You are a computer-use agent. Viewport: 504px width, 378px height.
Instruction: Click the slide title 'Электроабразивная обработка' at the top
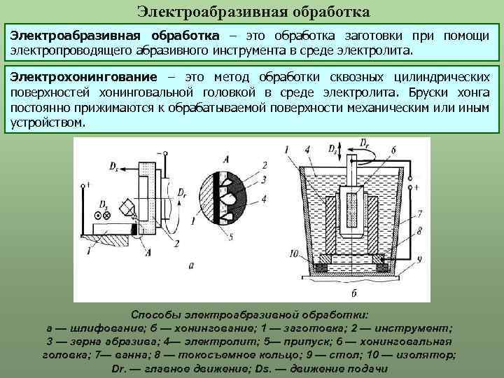[253, 11]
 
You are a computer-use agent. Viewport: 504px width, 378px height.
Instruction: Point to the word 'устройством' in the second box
[47, 122]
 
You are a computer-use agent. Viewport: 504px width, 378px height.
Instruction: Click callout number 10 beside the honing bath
[294, 253]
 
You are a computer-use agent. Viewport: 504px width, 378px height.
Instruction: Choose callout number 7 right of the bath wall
[419, 213]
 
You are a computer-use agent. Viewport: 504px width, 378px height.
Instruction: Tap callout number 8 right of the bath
[419, 229]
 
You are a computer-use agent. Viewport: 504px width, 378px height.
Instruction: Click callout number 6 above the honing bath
[393, 150]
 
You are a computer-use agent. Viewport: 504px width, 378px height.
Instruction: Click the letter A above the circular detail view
[224, 157]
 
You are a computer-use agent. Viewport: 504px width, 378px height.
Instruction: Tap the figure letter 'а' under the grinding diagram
[191, 265]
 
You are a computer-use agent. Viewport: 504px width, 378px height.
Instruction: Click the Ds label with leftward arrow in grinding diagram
[113, 166]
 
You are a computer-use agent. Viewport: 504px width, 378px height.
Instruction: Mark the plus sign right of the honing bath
[416, 188]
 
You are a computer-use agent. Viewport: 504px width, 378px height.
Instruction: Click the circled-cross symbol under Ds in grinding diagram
[106, 216]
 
